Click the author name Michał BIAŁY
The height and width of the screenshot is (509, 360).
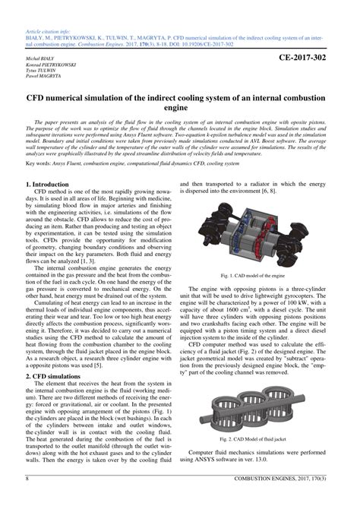pyautogui.click(x=42, y=58)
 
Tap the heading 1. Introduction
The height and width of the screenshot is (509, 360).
pyautogui.click(x=47, y=185)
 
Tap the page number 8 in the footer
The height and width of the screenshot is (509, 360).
pyautogui.click(x=27, y=500)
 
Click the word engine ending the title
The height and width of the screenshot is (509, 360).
pyautogui.click(x=180, y=109)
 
